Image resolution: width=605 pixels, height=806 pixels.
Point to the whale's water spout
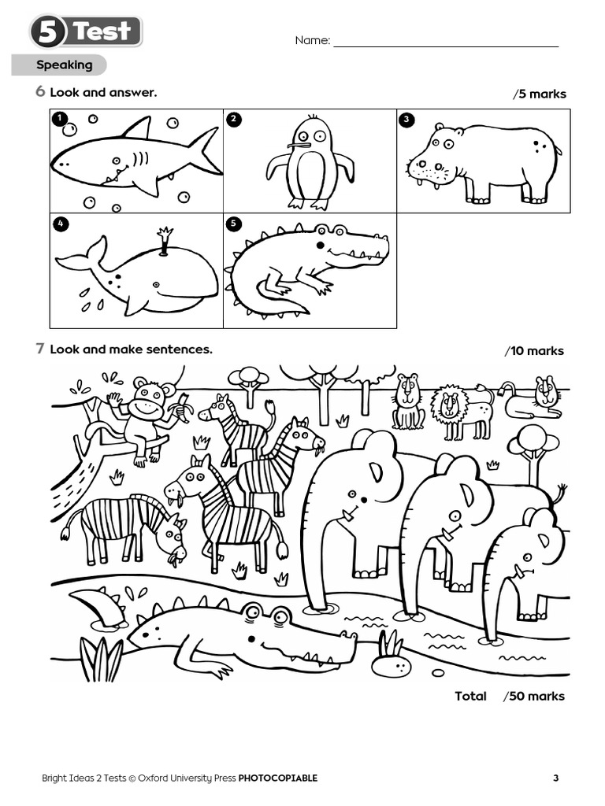tap(165, 237)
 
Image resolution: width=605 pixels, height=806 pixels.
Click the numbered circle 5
tap(233, 224)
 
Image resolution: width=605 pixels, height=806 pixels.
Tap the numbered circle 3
tap(406, 120)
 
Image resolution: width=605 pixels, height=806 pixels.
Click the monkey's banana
tap(187, 403)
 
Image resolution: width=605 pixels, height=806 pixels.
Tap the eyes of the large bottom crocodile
tap(264, 614)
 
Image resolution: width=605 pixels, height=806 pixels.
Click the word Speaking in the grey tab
tap(64, 65)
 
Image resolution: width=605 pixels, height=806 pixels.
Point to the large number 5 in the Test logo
tap(49, 32)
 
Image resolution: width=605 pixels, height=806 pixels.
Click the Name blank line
tap(445, 44)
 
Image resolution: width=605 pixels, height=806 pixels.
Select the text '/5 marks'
tap(540, 94)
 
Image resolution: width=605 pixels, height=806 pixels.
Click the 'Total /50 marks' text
tap(509, 696)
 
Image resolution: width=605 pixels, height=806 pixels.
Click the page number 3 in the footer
tap(555, 778)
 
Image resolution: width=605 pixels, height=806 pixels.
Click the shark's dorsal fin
tap(139, 128)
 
